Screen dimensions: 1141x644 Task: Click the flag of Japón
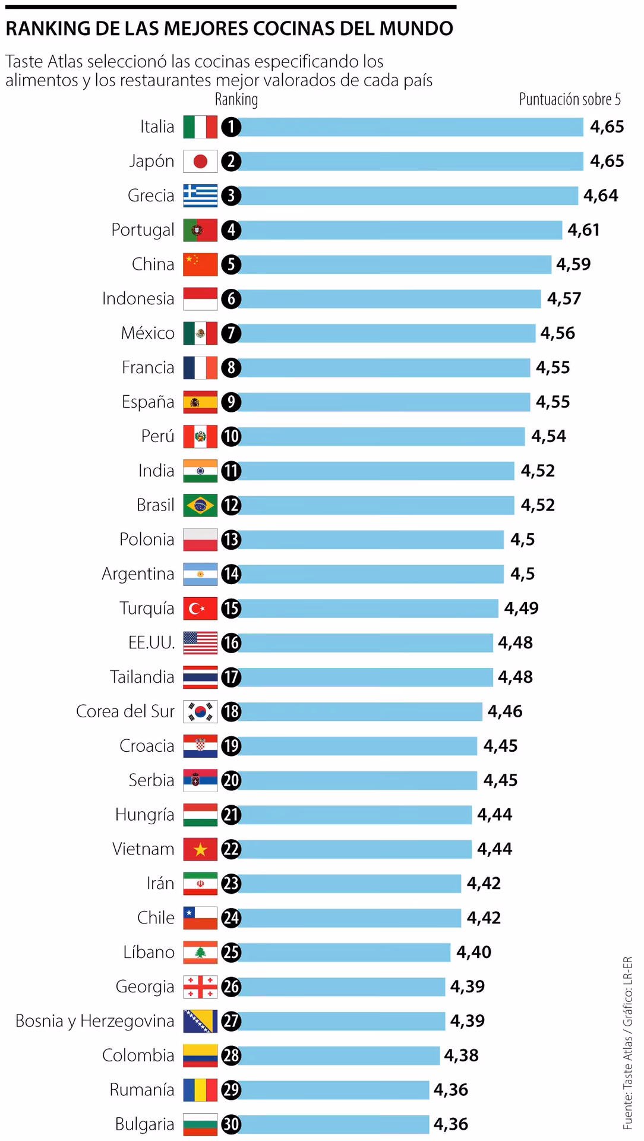coord(200,161)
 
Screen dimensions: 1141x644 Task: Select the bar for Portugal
coord(399,230)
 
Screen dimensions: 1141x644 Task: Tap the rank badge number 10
coord(231,436)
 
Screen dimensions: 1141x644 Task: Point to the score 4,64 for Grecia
coord(601,196)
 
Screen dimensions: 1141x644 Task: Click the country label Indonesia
coord(138,298)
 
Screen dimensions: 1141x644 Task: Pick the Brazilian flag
coord(200,505)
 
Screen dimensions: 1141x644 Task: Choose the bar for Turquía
coord(367,609)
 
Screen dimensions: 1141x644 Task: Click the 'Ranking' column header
coord(236,99)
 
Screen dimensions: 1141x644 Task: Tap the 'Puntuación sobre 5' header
coord(569,99)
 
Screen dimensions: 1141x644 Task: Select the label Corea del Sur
coord(125,711)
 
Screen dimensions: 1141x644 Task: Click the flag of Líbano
coord(200,952)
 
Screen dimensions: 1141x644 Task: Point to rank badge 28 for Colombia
coord(231,1055)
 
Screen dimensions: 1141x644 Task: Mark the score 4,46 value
coord(505,711)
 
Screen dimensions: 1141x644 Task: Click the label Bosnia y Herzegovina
coord(95,1021)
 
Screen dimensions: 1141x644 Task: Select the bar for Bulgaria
coord(333,1124)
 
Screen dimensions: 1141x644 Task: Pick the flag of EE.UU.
coord(200,642)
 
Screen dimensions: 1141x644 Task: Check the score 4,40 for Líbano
coord(473,952)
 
